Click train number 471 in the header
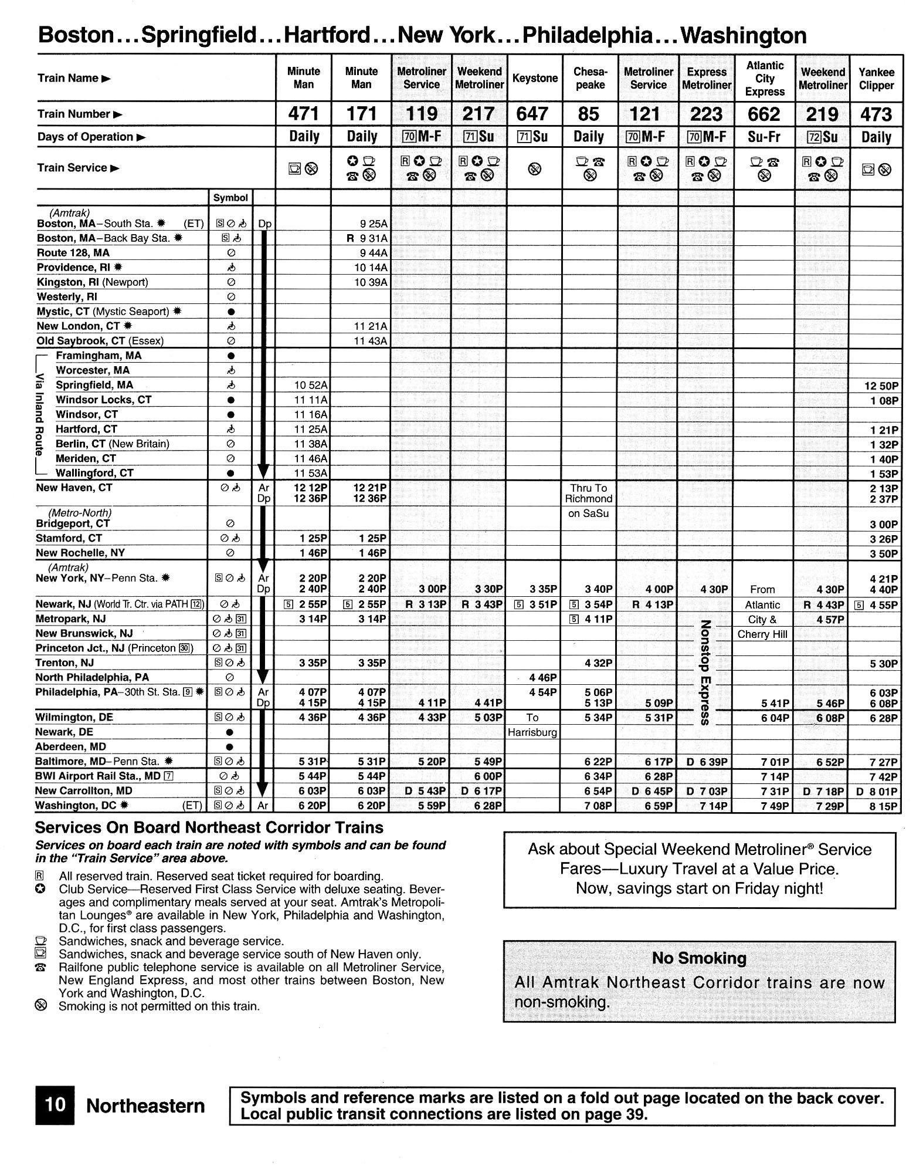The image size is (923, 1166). pyautogui.click(x=303, y=113)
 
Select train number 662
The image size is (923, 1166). pyautogui.click(x=764, y=113)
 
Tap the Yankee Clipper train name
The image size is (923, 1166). pyautogui.click(x=876, y=79)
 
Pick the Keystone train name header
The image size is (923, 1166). pyautogui.click(x=535, y=79)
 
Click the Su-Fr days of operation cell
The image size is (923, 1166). pyautogui.click(x=764, y=137)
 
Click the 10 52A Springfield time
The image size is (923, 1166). pyautogui.click(x=311, y=385)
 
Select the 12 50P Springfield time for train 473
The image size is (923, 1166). pyautogui.click(x=881, y=386)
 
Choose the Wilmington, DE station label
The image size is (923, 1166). pyautogui.click(x=74, y=717)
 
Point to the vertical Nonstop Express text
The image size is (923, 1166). pyautogui.click(x=705, y=672)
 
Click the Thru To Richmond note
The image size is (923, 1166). pyautogui.click(x=589, y=494)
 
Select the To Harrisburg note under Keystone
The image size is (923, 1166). pyautogui.click(x=532, y=725)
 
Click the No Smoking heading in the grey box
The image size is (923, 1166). pyautogui.click(x=699, y=958)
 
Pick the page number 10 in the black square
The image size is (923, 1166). pyautogui.click(x=55, y=1105)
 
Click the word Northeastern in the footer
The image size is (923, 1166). pyautogui.click(x=145, y=1106)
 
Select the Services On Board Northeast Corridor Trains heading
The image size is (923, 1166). pyautogui.click(x=209, y=827)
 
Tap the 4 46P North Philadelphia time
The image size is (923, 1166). pyautogui.click(x=542, y=678)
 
